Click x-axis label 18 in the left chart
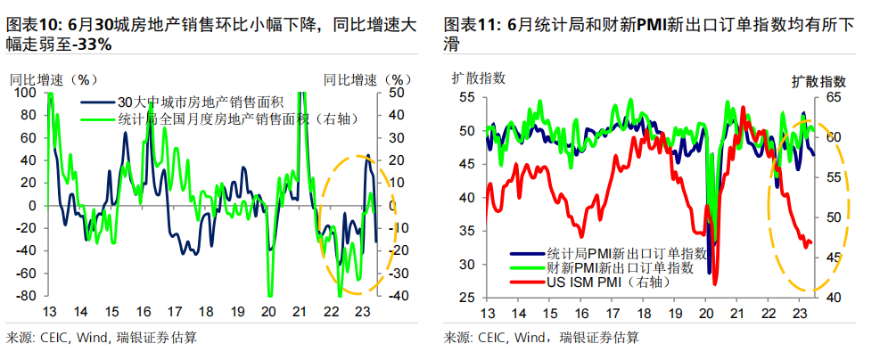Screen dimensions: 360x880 205,313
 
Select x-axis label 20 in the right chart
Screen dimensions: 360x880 706,315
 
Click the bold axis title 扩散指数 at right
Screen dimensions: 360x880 817,80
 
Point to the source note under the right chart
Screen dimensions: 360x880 540,338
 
